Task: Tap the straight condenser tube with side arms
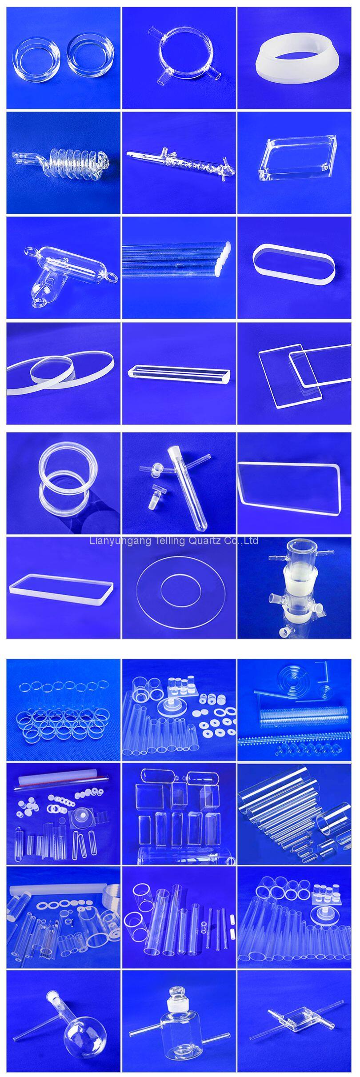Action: click(180, 162)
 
